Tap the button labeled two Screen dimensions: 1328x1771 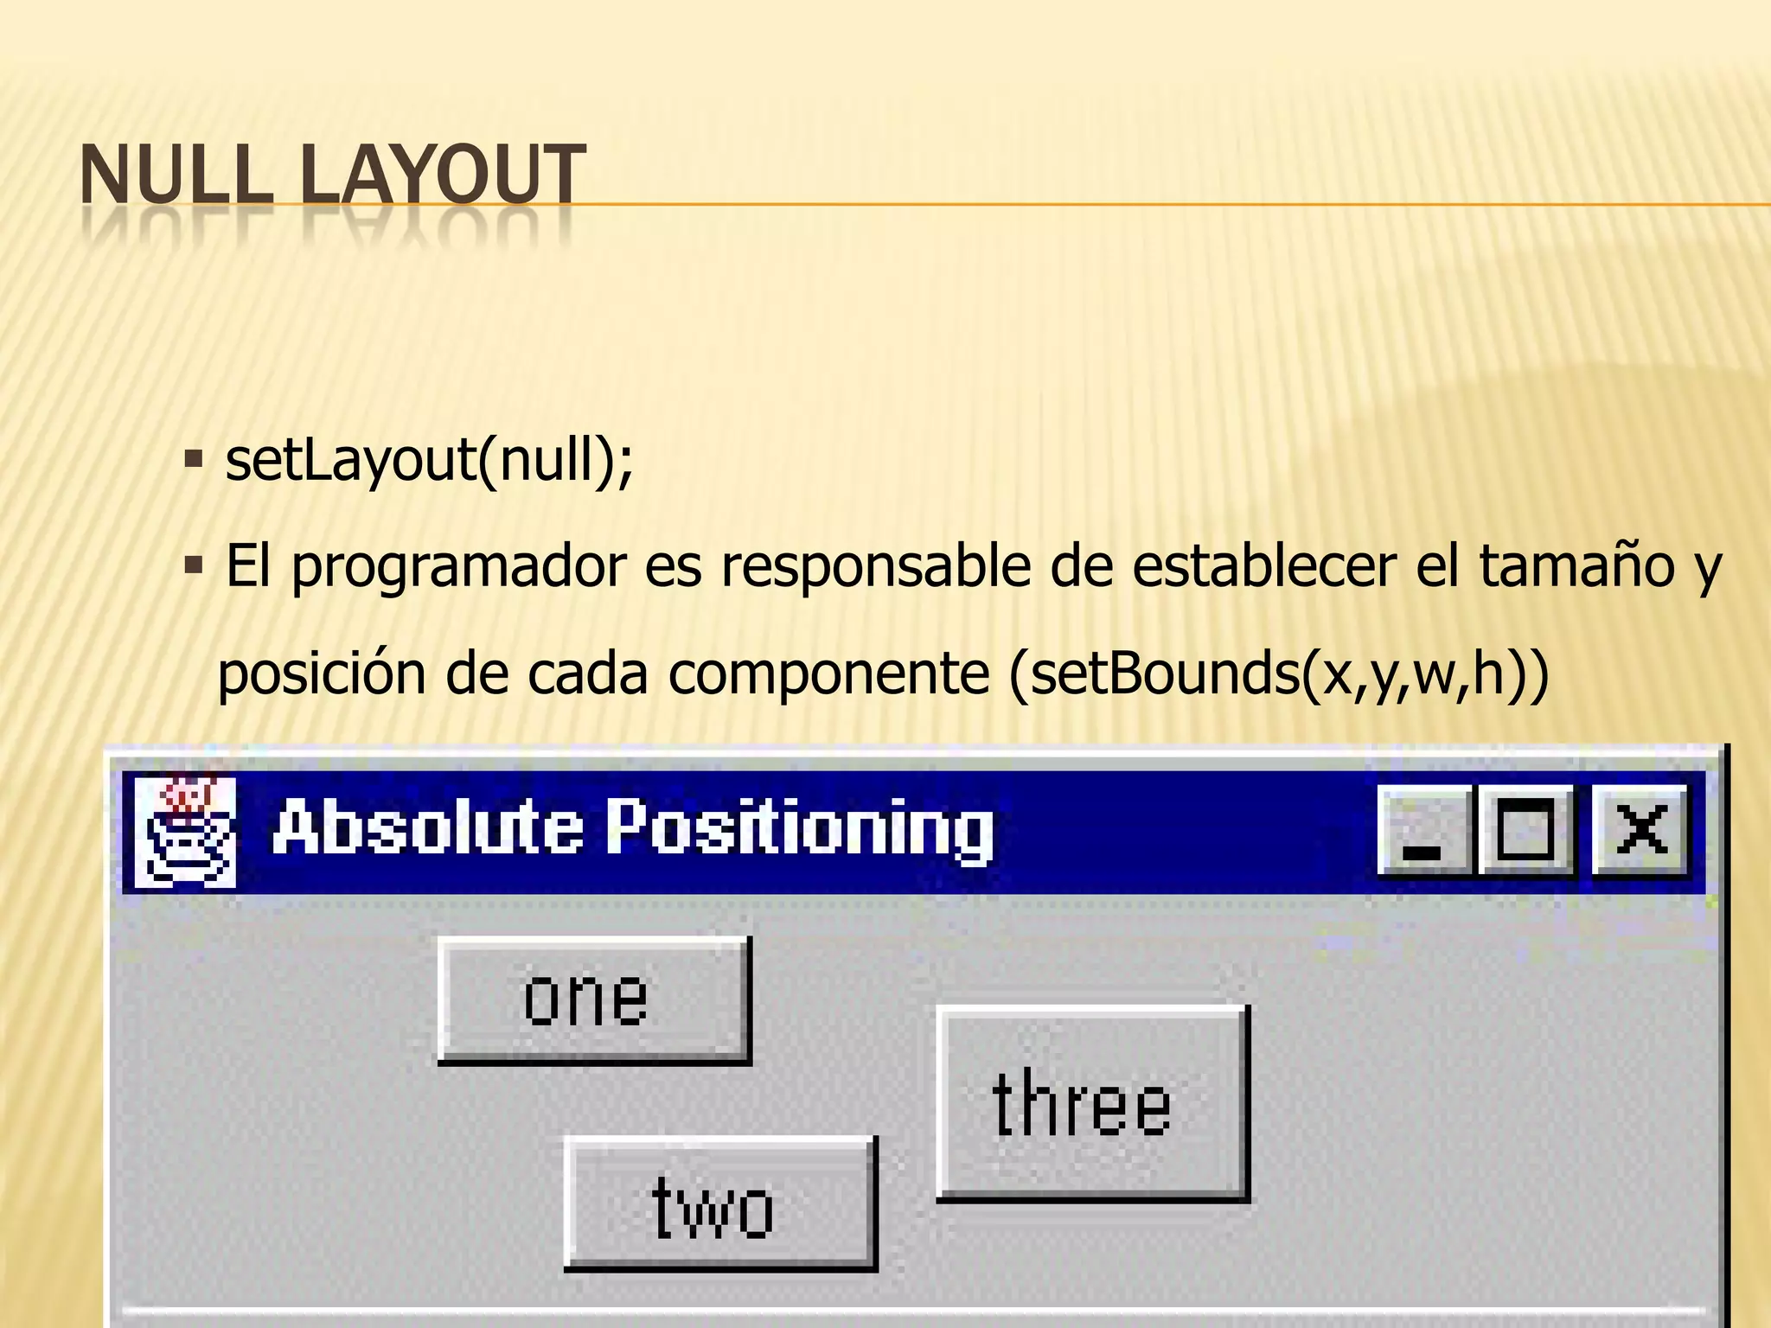719,1203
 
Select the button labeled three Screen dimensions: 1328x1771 1091,1103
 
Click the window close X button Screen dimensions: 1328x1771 1640,830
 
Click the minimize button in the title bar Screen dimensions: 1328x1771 1423,830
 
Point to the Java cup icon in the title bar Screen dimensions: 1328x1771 185,832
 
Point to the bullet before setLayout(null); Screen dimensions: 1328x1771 193,457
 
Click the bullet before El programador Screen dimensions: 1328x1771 193,567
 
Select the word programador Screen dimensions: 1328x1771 458,567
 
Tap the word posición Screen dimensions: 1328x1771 321,674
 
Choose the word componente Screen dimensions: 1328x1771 828,674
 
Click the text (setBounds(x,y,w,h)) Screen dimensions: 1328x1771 1278,674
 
